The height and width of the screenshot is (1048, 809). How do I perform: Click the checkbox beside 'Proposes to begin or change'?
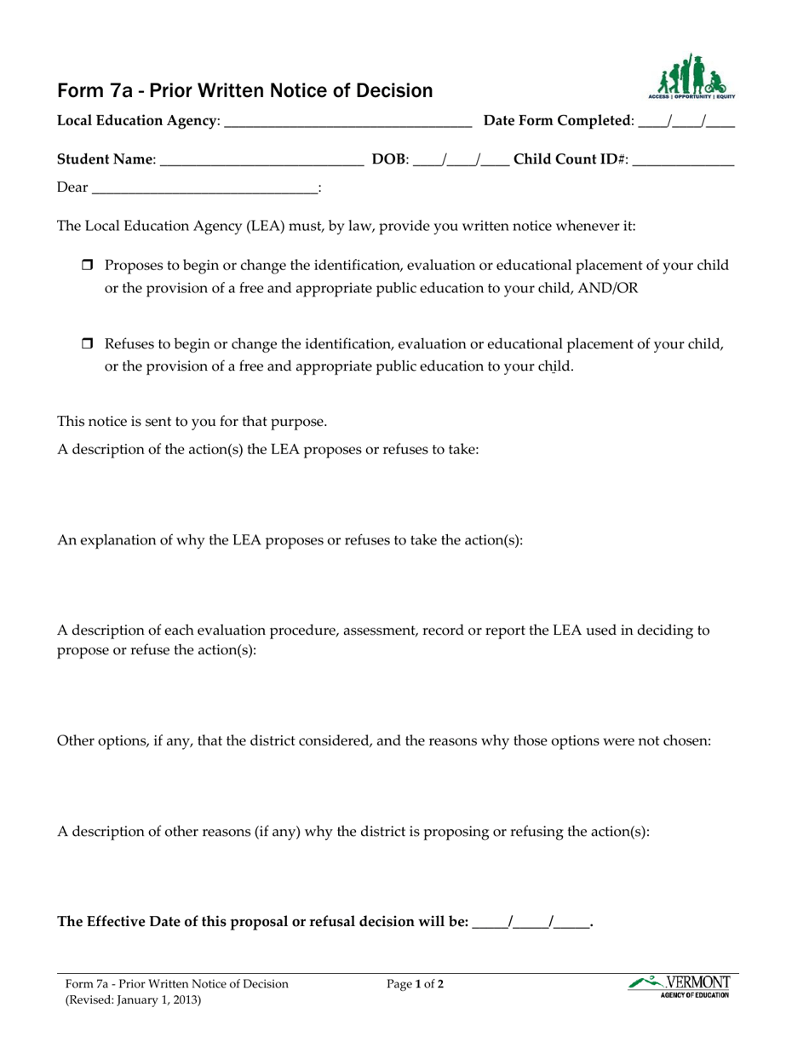pos(86,266)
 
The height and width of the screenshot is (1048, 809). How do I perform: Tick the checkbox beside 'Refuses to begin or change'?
pos(86,344)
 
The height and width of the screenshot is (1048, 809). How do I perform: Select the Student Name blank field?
pos(261,161)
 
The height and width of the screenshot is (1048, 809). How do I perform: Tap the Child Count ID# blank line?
pos(684,161)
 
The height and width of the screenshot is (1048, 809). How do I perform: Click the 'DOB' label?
pos(389,159)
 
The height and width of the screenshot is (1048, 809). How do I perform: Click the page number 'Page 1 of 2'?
pos(415,984)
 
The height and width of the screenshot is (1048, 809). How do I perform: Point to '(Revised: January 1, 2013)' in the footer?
pos(134,1000)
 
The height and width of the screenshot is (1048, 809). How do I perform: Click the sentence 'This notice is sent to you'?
pos(192,422)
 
